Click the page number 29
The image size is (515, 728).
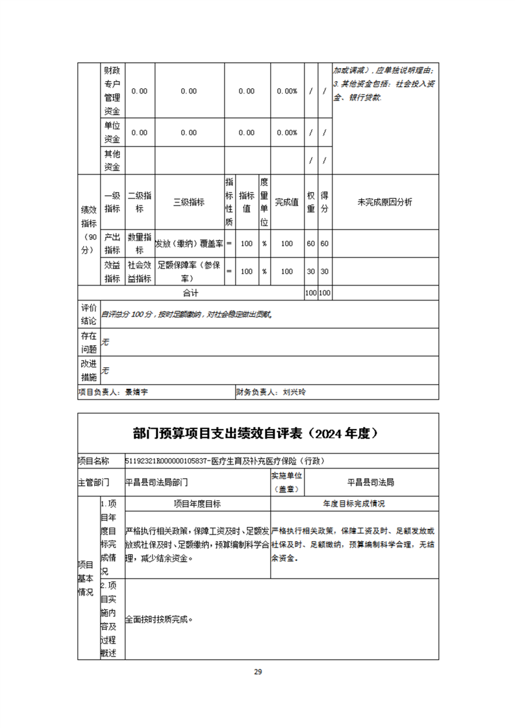pyautogui.click(x=258, y=672)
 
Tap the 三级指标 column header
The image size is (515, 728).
pyautogui.click(x=188, y=202)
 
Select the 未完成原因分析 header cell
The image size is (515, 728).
pyautogui.click(x=384, y=202)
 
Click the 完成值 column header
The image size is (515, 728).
pyautogui.click(x=286, y=202)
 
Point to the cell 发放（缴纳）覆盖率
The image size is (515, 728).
pyautogui.click(x=188, y=243)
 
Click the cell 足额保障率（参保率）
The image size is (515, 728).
pyautogui.click(x=188, y=272)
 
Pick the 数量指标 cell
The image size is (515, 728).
pyautogui.click(x=140, y=243)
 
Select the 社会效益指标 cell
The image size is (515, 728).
pyautogui.click(x=140, y=272)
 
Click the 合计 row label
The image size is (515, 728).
pyautogui.click(x=190, y=293)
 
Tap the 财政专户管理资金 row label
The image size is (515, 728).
pyautogui.click(x=112, y=91)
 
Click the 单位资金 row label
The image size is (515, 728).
pyautogui.click(x=112, y=132)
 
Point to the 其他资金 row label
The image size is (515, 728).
pyautogui.click(x=112, y=160)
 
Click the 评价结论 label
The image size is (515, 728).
pyautogui.click(x=88, y=314)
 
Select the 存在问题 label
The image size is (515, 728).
pyautogui.click(x=88, y=343)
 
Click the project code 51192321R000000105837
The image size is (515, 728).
pyautogui.click(x=166, y=461)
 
